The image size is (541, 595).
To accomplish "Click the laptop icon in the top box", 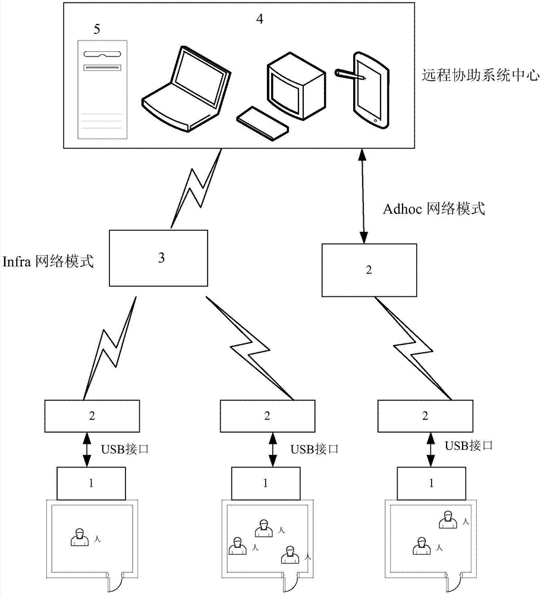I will pos(185,86).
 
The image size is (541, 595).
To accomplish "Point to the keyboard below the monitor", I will pos(262,123).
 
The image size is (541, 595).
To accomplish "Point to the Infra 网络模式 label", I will pos(48,261).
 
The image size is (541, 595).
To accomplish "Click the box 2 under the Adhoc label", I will pos(369,270).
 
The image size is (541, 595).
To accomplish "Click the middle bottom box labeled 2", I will pos(266,415).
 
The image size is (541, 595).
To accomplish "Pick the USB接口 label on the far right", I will pos(470,445).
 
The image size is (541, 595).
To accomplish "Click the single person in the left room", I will pos(78,538).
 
